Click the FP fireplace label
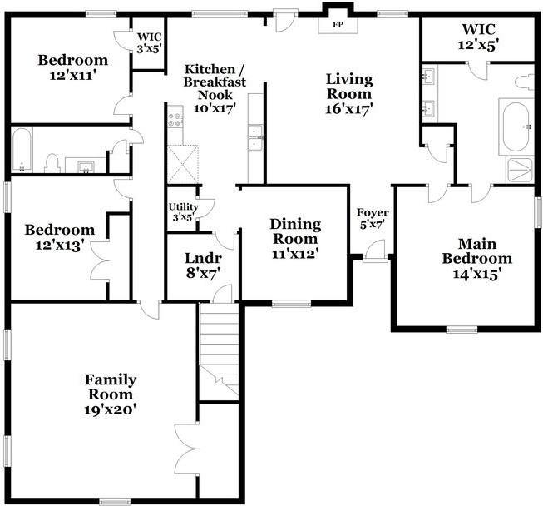(x=338, y=25)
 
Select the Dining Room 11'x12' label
(x=295, y=236)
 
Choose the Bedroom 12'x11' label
(x=73, y=67)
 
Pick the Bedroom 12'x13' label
(x=59, y=237)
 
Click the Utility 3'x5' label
(x=181, y=211)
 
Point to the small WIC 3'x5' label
(x=149, y=42)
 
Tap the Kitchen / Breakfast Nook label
(x=215, y=87)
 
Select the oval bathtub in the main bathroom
(x=519, y=126)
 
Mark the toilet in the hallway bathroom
(x=52, y=162)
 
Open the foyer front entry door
(x=375, y=248)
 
